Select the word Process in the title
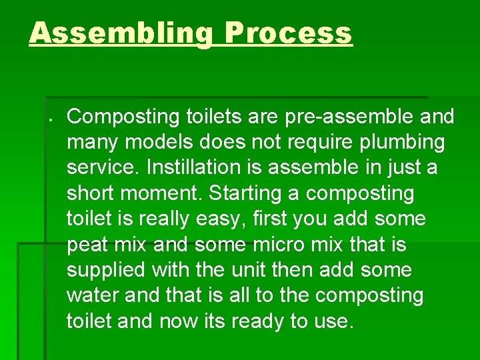288,33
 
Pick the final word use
329,322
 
